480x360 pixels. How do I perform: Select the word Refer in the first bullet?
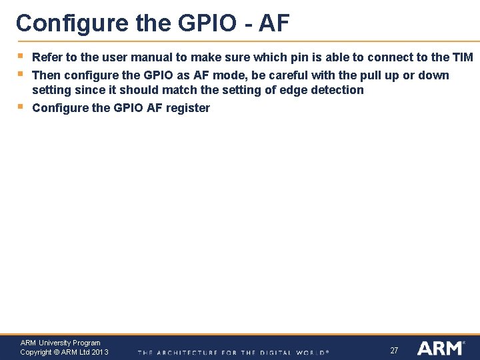(47, 57)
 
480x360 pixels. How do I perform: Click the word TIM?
(462, 57)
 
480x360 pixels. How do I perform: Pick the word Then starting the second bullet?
(47, 75)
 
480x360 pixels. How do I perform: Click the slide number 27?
(394, 350)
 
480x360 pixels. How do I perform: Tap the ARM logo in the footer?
(440, 347)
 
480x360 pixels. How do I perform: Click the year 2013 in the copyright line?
(100, 352)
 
